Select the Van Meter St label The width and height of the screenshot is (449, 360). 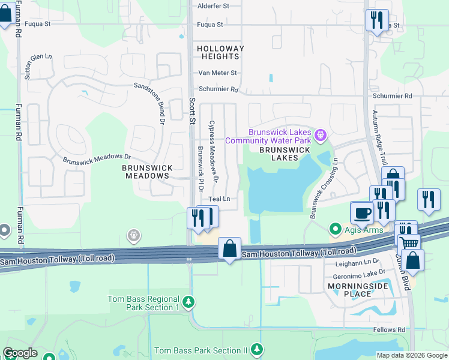[218, 73]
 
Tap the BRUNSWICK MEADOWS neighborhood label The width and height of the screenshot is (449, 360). [148, 172]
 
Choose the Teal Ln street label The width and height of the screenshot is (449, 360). [219, 199]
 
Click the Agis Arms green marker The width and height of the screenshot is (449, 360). [334, 229]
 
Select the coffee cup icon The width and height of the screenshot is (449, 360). [362, 213]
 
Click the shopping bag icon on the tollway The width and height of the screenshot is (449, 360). [229, 248]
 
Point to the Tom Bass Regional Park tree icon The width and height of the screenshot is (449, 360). [188, 301]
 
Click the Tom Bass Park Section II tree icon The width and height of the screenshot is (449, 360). [257, 349]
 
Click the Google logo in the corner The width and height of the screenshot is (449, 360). [20, 353]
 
